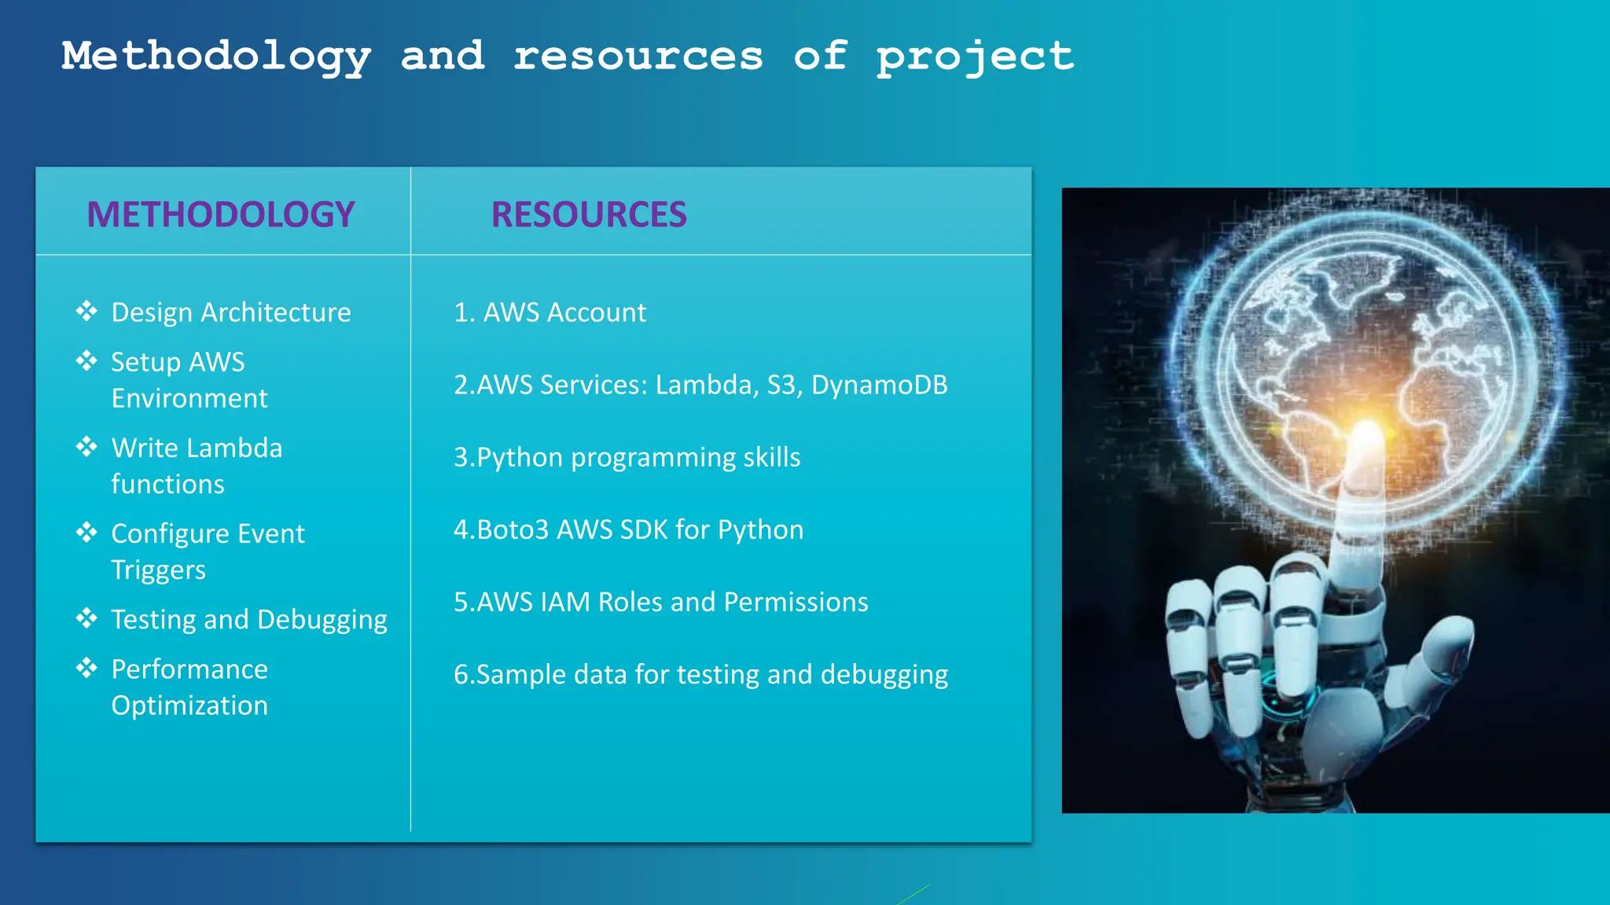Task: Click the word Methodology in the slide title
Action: (x=216, y=57)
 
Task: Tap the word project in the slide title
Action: (x=975, y=57)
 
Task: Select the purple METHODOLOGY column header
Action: (x=221, y=214)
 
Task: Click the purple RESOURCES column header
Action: (x=589, y=214)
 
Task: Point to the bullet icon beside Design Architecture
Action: (x=86, y=311)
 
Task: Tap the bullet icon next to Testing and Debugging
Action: (x=86, y=618)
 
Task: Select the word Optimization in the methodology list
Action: (x=189, y=705)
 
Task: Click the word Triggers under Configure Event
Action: (x=158, y=570)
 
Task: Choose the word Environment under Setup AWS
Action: (x=189, y=398)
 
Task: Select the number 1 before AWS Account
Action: (x=461, y=313)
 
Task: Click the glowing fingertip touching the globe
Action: (x=1366, y=437)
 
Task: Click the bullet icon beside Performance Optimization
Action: (x=86, y=668)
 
